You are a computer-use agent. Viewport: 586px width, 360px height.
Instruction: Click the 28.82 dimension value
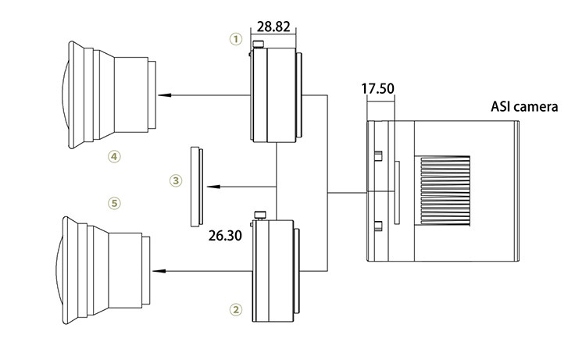pos(273,27)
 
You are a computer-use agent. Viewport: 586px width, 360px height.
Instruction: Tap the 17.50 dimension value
pos(377,88)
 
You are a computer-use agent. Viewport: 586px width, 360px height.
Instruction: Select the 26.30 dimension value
pos(225,236)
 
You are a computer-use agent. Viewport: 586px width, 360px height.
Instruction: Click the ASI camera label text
pos(524,107)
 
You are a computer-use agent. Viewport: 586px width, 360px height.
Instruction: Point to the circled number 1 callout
pos(236,39)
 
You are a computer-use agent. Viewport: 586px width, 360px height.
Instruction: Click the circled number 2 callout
pos(236,309)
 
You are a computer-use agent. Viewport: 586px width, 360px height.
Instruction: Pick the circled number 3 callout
pos(176,181)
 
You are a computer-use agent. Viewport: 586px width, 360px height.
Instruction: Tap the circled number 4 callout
pos(114,156)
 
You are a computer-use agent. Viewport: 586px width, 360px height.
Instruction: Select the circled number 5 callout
pos(114,203)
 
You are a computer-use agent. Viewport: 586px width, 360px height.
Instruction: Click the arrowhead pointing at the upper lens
pos(164,95)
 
